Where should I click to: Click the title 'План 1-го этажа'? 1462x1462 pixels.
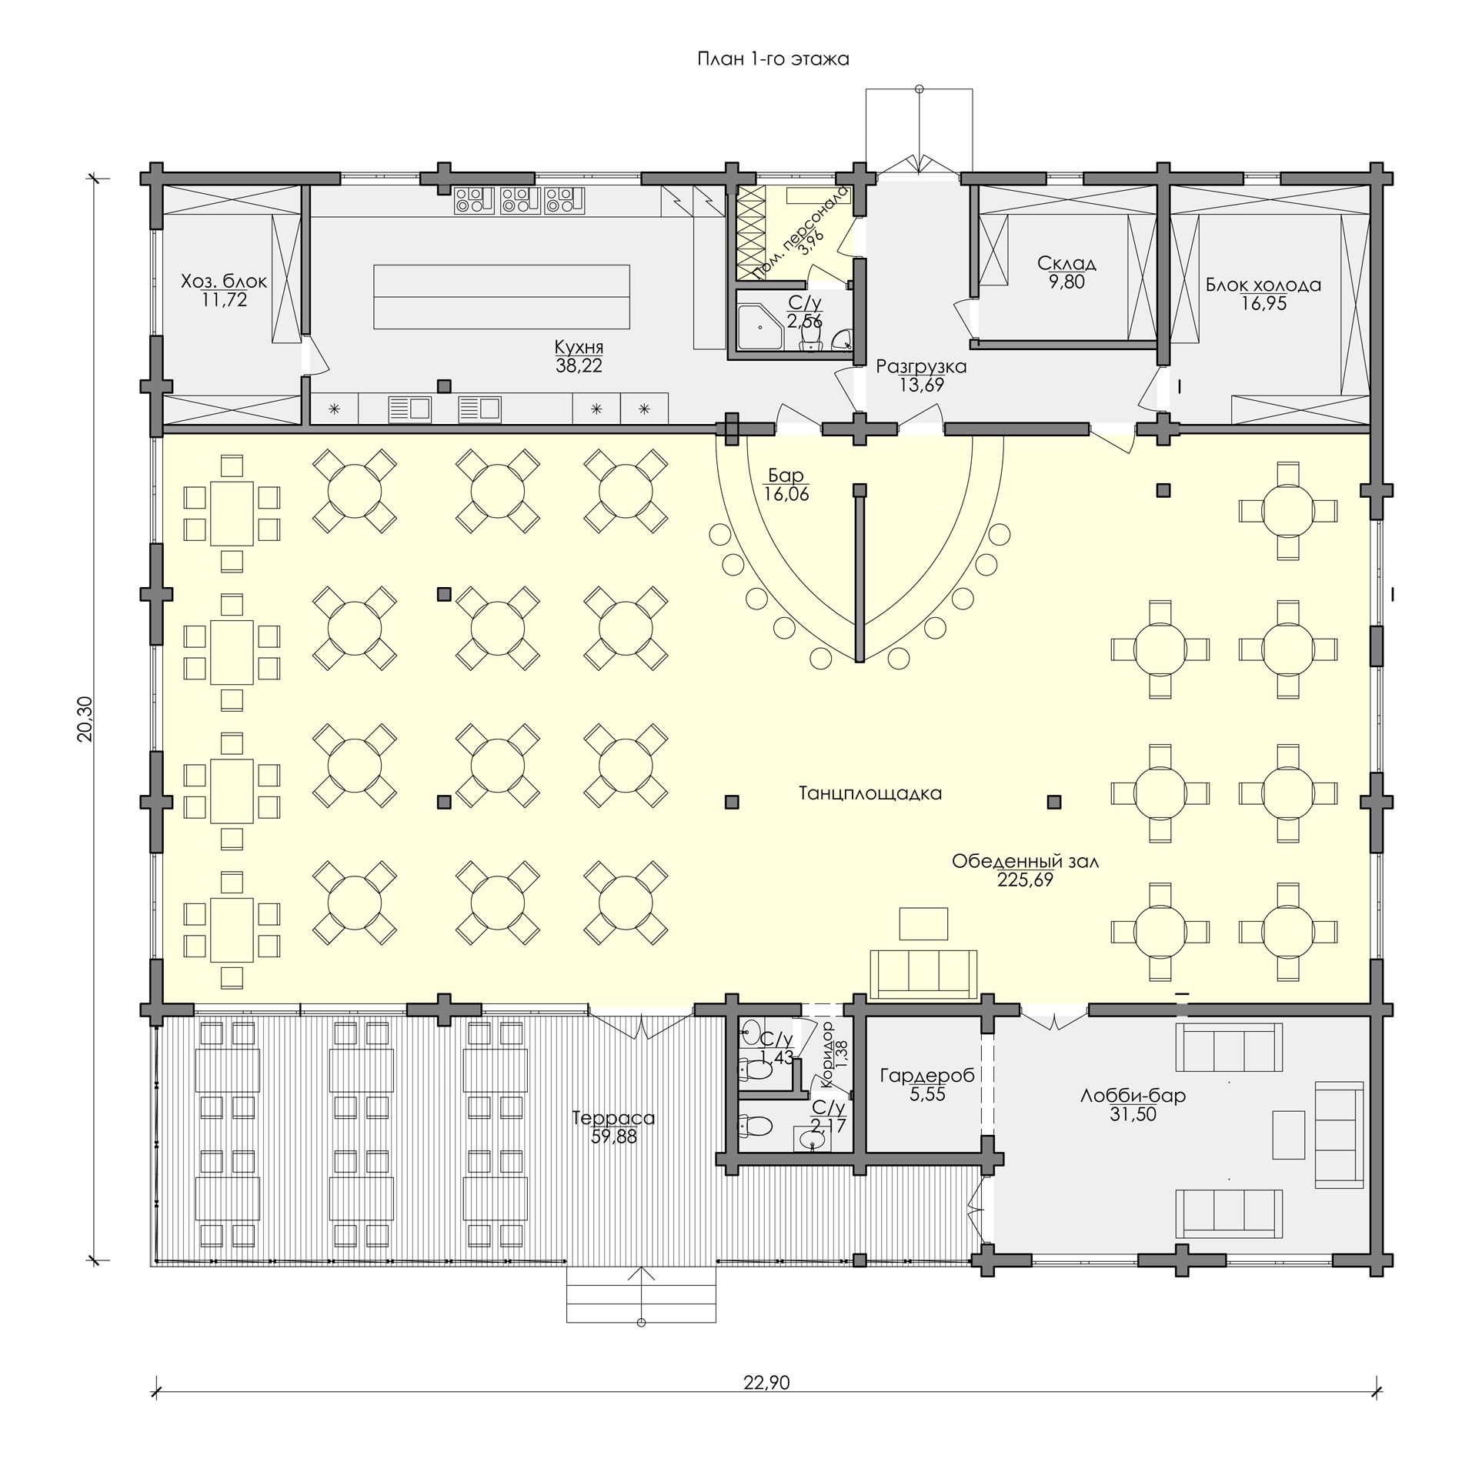coord(773,59)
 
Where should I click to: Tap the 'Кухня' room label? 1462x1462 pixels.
coord(579,347)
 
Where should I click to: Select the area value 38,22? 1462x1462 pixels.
coord(579,366)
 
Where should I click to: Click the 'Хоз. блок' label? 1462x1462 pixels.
coord(224,282)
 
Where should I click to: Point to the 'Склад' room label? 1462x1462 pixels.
coord(1066,264)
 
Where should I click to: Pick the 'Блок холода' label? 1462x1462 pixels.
coord(1263,285)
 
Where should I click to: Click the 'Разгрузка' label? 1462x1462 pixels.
coord(921,367)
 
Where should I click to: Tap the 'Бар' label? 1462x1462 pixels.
coord(786,476)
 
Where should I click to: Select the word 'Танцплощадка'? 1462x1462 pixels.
coord(870,793)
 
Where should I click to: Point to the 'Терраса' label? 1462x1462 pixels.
coord(613,1118)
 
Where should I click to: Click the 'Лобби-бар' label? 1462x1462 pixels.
coord(1133,1095)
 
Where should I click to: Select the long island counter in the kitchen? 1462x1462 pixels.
coord(502,296)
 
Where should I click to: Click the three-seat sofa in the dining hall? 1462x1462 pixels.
coord(923,973)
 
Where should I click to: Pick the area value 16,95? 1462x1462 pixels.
coord(1263,305)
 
